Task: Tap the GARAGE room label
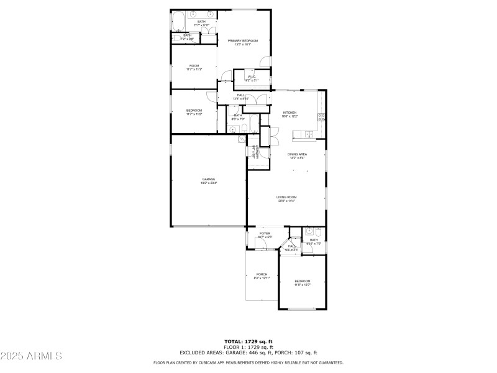(x=208, y=179)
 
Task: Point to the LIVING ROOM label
(x=286, y=197)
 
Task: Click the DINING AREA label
(x=297, y=154)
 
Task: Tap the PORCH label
(x=262, y=274)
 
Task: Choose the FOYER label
(x=265, y=234)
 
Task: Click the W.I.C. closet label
(x=252, y=77)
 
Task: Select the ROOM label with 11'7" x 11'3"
(x=194, y=66)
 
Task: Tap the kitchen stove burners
(x=321, y=116)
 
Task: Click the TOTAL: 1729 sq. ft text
(x=248, y=341)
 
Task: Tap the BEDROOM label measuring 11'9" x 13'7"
(x=302, y=281)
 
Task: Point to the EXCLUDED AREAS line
(x=248, y=352)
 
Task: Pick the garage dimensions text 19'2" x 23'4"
(x=208, y=183)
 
